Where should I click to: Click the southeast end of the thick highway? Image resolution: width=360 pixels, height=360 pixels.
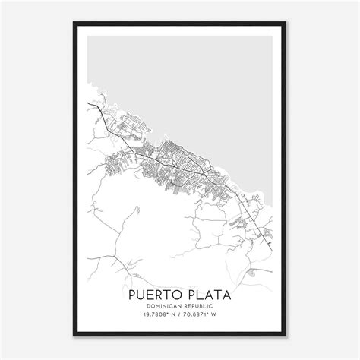tap(271, 251)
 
